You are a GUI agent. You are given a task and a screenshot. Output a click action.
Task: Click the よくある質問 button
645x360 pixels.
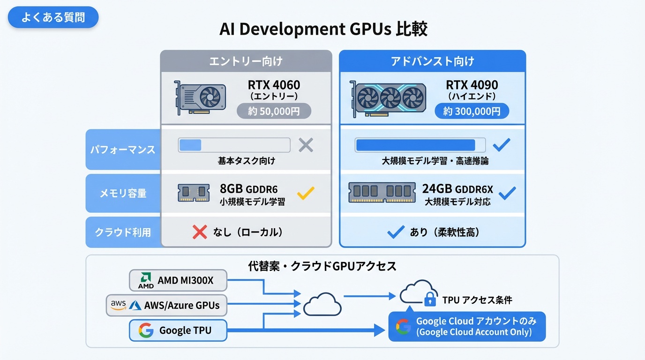click(53, 17)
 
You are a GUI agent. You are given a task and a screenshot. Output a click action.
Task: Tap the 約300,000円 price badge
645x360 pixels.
click(472, 111)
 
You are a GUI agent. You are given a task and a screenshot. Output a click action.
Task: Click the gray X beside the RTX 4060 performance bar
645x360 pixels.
click(306, 145)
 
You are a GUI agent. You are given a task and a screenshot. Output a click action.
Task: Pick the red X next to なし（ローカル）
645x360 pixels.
click(200, 232)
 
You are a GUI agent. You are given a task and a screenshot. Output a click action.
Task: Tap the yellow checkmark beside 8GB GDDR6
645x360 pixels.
click(306, 192)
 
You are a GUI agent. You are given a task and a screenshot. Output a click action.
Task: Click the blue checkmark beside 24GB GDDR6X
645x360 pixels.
click(507, 192)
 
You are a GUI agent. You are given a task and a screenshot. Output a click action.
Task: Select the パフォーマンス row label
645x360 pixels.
click(123, 150)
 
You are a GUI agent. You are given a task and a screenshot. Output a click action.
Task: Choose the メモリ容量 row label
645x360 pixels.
click(123, 193)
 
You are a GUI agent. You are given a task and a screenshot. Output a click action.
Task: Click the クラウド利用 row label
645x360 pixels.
click(123, 232)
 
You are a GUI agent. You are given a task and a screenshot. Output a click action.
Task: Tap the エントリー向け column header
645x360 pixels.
click(246, 61)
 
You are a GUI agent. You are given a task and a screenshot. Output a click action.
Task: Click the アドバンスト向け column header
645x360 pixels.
click(432, 61)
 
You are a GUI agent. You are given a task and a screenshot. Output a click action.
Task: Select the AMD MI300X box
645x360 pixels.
click(178, 280)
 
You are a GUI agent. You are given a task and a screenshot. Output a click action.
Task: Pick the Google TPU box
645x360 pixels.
click(178, 330)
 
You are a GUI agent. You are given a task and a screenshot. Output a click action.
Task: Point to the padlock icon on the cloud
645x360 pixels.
click(430, 299)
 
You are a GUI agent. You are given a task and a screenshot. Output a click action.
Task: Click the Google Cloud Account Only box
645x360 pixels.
click(467, 326)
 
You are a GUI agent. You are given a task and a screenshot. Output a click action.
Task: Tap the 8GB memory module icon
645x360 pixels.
click(194, 193)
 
